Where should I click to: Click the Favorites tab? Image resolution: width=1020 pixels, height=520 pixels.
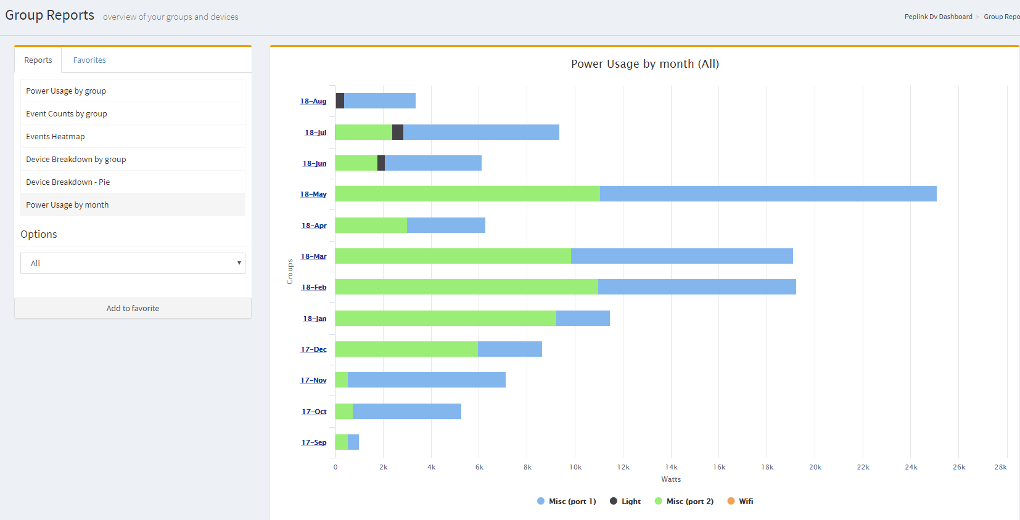(89, 60)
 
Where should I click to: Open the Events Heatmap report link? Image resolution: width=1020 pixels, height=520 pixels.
(56, 137)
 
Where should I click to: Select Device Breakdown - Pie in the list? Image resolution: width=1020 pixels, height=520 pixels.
(68, 182)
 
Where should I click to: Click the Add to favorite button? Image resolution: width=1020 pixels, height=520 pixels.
(133, 309)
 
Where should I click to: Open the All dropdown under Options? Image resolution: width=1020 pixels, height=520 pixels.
(133, 263)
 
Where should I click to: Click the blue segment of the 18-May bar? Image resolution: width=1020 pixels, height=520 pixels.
(768, 194)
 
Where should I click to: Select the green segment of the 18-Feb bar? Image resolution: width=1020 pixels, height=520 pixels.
(466, 287)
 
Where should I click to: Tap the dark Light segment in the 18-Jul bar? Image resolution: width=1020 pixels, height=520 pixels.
(398, 132)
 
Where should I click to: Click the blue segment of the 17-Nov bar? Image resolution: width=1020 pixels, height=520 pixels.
(426, 380)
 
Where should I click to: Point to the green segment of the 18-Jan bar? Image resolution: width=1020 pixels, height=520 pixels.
(445, 319)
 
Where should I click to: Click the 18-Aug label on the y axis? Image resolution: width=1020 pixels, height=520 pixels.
(313, 102)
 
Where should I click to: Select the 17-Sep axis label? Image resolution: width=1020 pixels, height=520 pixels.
(314, 443)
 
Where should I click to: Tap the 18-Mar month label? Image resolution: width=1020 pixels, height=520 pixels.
(314, 257)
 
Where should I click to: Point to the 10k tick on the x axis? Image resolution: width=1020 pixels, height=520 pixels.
(575, 468)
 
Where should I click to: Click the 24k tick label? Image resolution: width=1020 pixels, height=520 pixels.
(911, 468)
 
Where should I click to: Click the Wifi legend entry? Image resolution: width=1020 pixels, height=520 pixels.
(746, 502)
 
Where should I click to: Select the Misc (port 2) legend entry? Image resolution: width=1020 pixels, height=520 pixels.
(689, 502)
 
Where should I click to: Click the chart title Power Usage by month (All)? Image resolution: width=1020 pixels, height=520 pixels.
(644, 64)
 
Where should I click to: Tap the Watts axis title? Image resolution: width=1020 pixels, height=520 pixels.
(671, 479)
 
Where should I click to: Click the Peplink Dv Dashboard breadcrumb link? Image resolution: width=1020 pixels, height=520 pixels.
(938, 17)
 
